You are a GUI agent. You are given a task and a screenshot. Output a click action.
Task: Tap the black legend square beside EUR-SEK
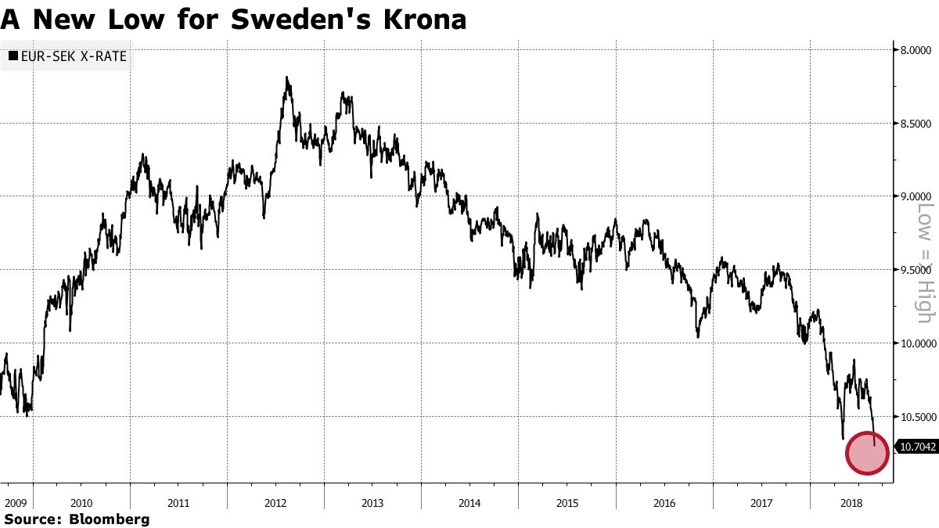(13, 56)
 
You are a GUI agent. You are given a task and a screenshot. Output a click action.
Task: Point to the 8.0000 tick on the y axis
(914, 50)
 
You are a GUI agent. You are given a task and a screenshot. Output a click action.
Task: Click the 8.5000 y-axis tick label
(914, 124)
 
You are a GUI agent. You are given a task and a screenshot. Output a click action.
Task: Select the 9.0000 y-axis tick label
(914, 196)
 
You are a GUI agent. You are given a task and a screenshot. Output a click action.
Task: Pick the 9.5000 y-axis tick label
(914, 270)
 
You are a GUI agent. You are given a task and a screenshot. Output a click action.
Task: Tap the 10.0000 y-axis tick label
(912, 343)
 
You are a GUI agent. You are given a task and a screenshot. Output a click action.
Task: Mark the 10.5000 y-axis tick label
(912, 416)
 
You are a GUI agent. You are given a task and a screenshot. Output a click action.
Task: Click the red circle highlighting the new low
(867, 452)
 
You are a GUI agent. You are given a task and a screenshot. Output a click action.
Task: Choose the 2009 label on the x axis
(16, 503)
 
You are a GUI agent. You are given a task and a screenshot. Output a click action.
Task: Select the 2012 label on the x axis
(275, 503)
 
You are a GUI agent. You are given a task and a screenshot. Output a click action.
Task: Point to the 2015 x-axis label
(567, 503)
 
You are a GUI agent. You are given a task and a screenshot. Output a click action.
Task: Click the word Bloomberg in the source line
(110, 519)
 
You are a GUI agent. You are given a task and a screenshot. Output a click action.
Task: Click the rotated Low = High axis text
(925, 263)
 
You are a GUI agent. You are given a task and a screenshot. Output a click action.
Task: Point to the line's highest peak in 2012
(287, 77)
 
